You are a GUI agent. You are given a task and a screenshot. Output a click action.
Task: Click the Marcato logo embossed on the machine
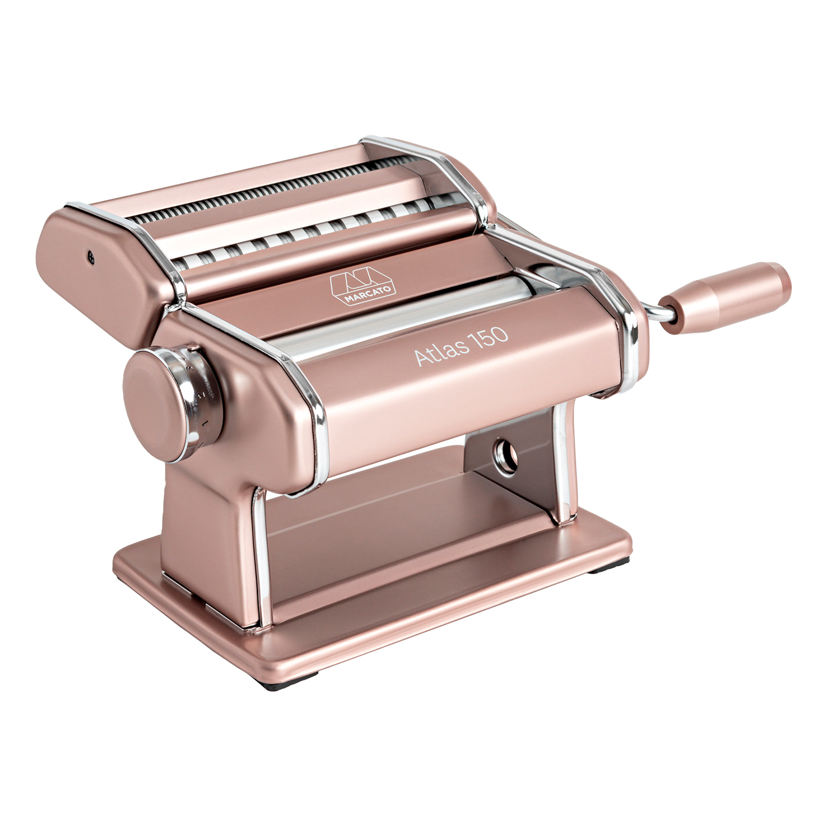pos(363,287)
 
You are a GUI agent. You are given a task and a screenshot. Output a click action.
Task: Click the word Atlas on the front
pos(442,352)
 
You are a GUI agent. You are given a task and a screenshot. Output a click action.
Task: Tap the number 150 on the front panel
pos(490,336)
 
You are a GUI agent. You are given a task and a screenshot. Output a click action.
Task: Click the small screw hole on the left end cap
pos(90,255)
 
